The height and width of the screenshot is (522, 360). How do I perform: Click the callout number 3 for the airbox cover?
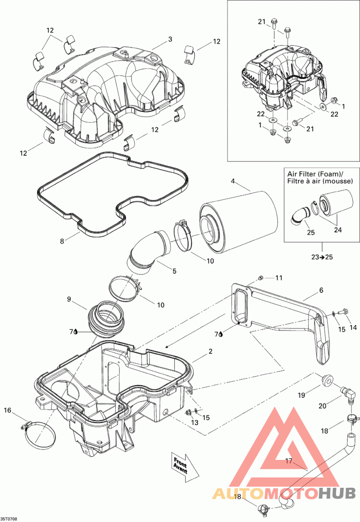pos(170,39)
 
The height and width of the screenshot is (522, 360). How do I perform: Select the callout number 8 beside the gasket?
pos(62,241)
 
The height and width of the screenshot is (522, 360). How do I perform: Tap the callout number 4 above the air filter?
pos(233,181)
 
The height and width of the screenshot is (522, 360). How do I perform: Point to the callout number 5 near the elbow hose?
pos(174,271)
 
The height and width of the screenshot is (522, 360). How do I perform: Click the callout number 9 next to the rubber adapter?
pos(69,299)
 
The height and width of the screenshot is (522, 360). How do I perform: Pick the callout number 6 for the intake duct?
pos(321,290)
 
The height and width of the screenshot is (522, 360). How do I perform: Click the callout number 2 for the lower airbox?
pos(211,351)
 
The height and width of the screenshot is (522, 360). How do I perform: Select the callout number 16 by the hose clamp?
pos(8,410)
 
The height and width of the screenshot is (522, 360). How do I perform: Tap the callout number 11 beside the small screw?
pos(279,278)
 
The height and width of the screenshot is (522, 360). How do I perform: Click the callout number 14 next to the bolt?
pos(353,328)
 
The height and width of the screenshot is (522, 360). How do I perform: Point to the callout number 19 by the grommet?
pos(301,395)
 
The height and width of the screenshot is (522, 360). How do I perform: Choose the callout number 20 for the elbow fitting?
pos(323,405)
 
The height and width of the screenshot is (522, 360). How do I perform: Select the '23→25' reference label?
pos(322,256)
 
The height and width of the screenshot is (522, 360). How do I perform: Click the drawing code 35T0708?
pos(9,519)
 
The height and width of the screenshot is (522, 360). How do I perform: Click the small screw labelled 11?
pos(261,278)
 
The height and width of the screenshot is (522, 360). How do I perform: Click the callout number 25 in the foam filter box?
pos(310,232)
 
